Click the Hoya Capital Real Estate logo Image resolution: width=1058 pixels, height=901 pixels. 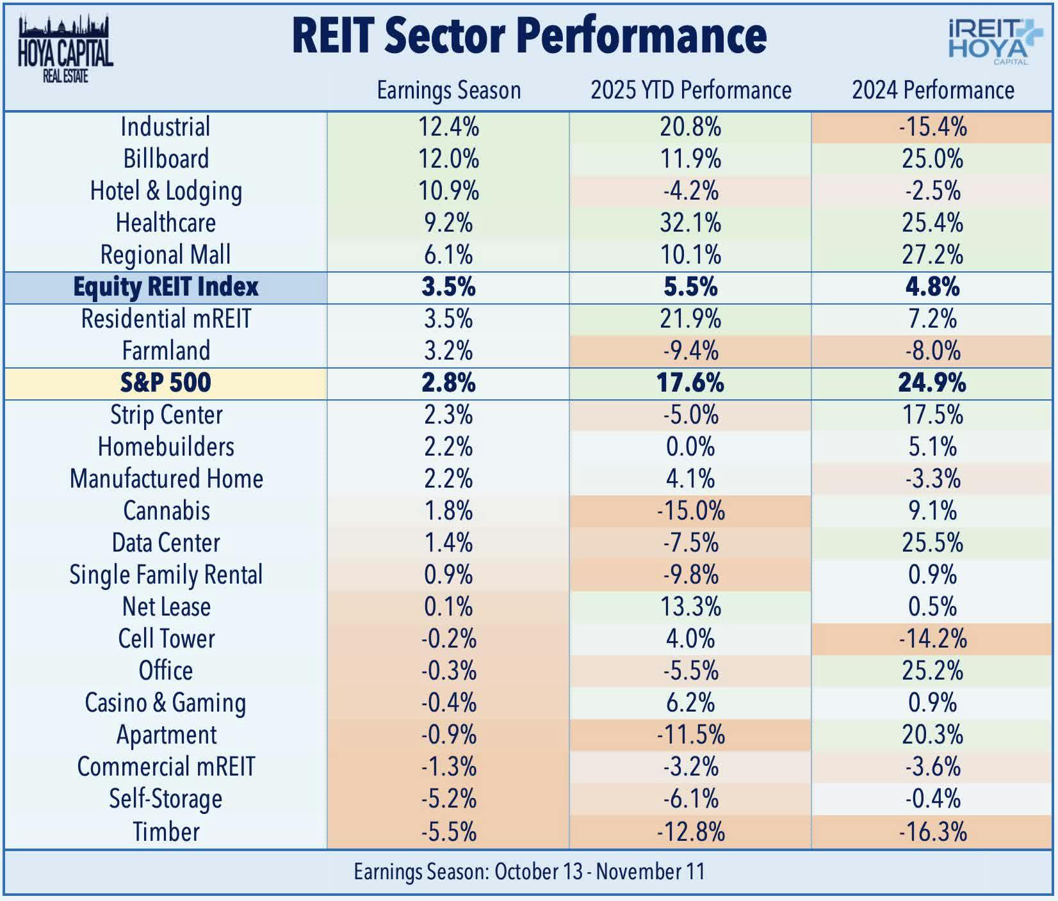pos(65,50)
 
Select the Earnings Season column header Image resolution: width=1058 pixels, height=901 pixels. pos(448,90)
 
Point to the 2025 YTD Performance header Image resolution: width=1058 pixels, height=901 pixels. pos(690,90)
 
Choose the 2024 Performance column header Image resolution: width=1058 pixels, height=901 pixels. pos(932,90)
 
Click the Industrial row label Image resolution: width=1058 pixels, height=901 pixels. pos(165,127)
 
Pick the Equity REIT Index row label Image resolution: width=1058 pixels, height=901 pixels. pos(165,287)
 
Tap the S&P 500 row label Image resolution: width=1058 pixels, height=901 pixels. pos(165,383)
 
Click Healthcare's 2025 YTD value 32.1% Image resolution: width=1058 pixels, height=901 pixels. pos(690,223)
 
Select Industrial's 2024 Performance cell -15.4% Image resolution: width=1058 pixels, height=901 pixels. pos(932,127)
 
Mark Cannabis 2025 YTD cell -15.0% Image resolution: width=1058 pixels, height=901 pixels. pos(690,511)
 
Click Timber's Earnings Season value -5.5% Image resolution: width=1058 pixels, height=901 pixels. pos(448,831)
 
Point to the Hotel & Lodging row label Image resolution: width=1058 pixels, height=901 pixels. pos(165,191)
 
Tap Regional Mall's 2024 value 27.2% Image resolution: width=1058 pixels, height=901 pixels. pos(932,255)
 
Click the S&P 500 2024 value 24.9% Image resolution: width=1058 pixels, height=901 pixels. pos(932,383)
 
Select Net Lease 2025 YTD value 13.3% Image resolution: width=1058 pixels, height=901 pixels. pos(690,607)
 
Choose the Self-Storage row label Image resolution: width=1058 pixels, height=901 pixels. pos(165,799)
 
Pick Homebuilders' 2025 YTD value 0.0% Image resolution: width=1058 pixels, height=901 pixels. pos(690,447)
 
